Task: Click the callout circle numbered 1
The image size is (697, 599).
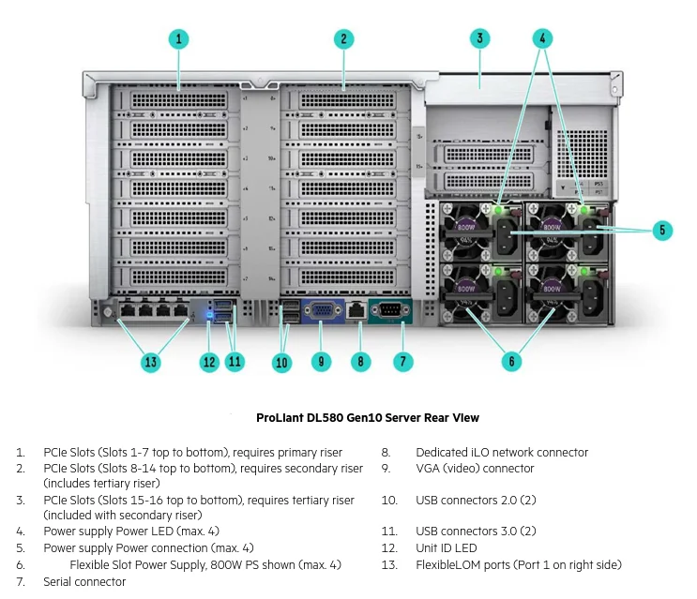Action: pyautogui.click(x=179, y=39)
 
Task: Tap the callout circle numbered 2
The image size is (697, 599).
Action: pyautogui.click(x=344, y=39)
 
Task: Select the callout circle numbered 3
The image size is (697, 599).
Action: pyautogui.click(x=479, y=38)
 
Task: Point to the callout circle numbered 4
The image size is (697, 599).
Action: pyautogui.click(x=541, y=38)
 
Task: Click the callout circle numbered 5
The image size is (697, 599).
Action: pyautogui.click(x=662, y=230)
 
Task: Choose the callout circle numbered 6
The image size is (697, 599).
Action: pyautogui.click(x=511, y=361)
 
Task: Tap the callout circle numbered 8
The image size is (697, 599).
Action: pyautogui.click(x=362, y=361)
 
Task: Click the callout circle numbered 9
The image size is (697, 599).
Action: pyautogui.click(x=321, y=361)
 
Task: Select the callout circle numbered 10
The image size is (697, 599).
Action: pyautogui.click(x=282, y=361)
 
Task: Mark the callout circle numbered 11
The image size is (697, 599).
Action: pyautogui.click(x=235, y=361)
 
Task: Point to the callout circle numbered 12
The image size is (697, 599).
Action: pyautogui.click(x=208, y=361)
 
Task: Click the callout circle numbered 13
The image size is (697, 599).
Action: pyautogui.click(x=150, y=361)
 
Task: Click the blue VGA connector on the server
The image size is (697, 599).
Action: pyautogui.click(x=321, y=310)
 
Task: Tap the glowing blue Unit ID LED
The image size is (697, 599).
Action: pyautogui.click(x=209, y=313)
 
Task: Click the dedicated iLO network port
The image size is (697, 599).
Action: pyautogui.click(x=356, y=308)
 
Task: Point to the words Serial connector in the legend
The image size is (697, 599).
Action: pyautogui.click(x=84, y=582)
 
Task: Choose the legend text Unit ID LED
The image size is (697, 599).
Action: pyautogui.click(x=447, y=547)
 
